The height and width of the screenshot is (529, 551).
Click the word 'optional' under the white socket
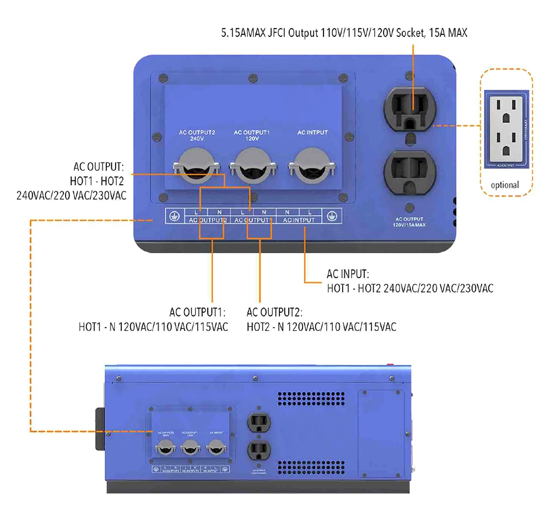[505, 185]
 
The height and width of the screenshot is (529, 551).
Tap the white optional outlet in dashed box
[505, 129]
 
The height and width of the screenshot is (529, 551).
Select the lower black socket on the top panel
[412, 171]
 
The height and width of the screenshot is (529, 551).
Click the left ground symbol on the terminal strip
[174, 216]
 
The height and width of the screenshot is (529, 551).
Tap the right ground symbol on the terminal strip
[331, 216]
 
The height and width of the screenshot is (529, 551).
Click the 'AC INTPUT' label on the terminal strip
[298, 220]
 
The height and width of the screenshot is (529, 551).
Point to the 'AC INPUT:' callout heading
[348, 274]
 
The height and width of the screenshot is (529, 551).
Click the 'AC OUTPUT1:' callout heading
[199, 312]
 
